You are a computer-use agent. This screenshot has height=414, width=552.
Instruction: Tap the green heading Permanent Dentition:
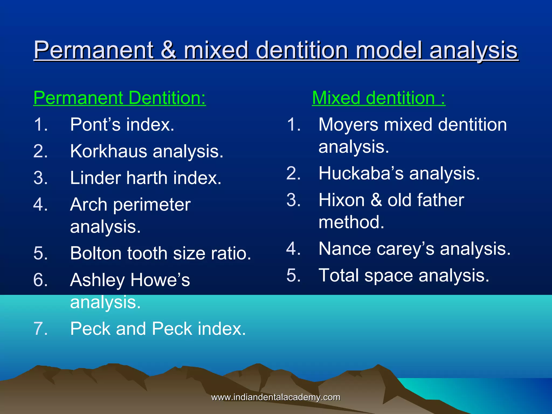point(119,98)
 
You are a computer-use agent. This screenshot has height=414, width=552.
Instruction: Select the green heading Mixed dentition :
point(378,98)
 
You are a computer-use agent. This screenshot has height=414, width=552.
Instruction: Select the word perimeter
point(152,205)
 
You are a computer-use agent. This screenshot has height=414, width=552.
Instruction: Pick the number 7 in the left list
point(40,329)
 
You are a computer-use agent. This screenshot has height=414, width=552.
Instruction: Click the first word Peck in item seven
point(90,329)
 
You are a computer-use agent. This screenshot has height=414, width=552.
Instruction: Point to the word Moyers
point(348,125)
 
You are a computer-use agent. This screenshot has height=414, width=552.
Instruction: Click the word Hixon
point(341,200)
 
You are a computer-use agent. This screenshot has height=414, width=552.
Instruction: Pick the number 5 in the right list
point(293,275)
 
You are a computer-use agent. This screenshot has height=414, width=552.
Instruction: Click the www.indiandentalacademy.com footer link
point(276,397)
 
